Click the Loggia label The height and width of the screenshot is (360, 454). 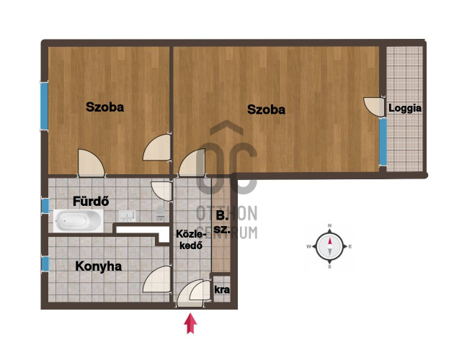[x=405, y=109]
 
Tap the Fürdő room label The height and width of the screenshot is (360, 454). [x=91, y=201]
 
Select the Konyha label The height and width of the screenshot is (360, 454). [x=98, y=266]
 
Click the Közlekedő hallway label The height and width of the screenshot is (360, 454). [x=191, y=240]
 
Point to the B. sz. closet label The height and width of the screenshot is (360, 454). [x=222, y=222]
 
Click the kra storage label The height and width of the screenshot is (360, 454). [x=222, y=289]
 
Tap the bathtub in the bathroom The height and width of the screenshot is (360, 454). [x=78, y=220]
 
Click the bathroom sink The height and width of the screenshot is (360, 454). [x=127, y=216]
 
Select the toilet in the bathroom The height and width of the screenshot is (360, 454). [x=161, y=213]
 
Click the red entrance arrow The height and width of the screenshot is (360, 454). [x=190, y=323]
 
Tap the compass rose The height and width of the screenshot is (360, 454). [x=329, y=246]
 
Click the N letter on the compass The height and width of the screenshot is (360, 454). [x=329, y=226]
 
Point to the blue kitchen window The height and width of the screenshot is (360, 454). [x=45, y=264]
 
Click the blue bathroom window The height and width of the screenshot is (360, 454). [x=45, y=206]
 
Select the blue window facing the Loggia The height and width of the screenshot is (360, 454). [x=383, y=142]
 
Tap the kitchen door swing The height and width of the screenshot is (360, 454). [x=156, y=279]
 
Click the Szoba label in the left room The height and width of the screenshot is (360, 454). [x=104, y=107]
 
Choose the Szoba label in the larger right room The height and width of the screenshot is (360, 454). [x=266, y=109]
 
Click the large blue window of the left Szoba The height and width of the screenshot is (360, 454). [x=44, y=106]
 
